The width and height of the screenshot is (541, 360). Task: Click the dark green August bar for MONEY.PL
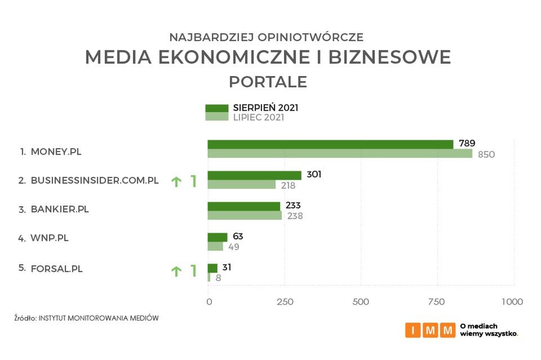point(330,144)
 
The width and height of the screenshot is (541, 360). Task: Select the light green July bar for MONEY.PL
point(340,154)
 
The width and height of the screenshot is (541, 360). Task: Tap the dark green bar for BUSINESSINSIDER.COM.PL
point(254,175)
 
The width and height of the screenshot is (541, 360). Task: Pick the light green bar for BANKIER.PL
point(245,215)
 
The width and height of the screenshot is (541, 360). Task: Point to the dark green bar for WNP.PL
point(218,237)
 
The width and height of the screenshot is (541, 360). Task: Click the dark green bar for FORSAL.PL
point(212,268)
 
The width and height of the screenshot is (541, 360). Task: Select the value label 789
point(467,144)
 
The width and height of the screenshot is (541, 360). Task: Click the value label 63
point(238,237)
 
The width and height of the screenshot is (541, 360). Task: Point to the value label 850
point(486,154)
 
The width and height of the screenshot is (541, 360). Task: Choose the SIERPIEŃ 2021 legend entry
point(252,108)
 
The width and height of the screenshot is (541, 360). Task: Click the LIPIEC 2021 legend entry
point(245,118)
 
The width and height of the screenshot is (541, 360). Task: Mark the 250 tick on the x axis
point(285,302)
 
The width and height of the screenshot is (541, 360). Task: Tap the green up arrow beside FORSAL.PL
point(176,272)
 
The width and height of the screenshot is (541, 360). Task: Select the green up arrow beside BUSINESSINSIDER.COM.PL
point(176,181)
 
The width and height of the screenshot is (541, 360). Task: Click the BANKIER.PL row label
point(60,210)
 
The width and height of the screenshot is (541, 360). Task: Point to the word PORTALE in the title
point(268,82)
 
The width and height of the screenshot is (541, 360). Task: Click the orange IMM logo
point(430,330)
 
